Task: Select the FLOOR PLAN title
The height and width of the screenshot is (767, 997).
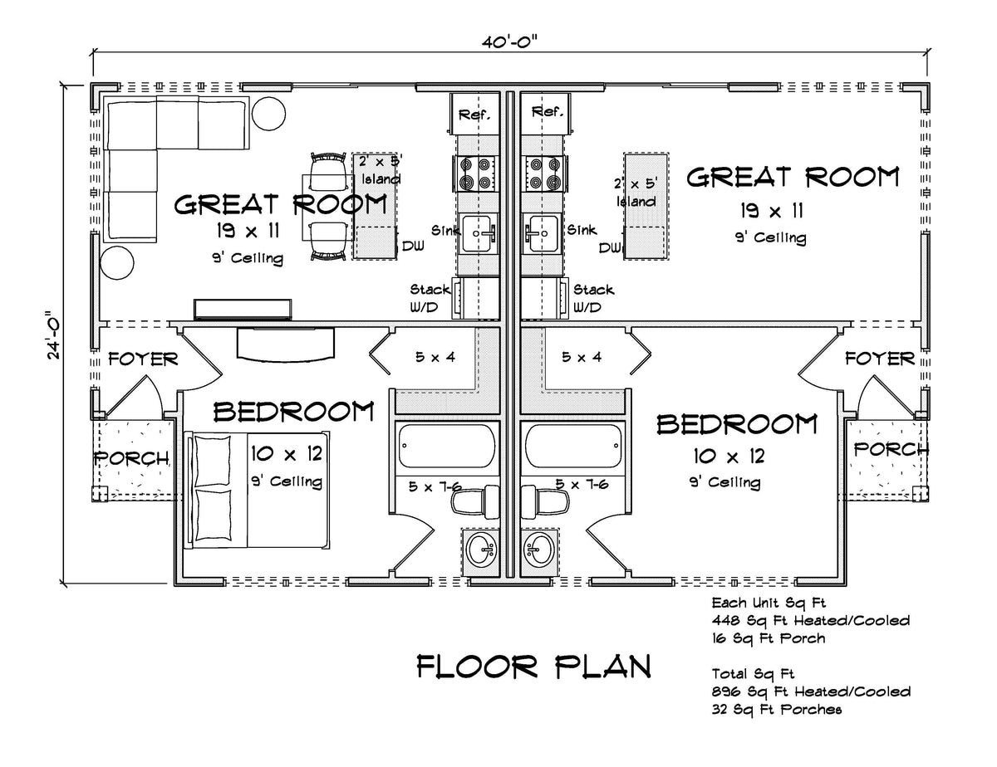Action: pyautogui.click(x=533, y=666)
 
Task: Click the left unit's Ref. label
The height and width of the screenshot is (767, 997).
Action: pyautogui.click(x=474, y=114)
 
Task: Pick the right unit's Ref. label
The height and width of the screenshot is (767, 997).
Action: pyautogui.click(x=548, y=112)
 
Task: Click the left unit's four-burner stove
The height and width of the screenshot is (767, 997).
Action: pyautogui.click(x=475, y=173)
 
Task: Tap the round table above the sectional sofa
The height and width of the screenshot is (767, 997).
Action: pyautogui.click(x=268, y=112)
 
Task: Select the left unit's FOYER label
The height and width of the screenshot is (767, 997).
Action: pyautogui.click(x=144, y=359)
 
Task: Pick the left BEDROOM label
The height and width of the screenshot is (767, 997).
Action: pyautogui.click(x=293, y=412)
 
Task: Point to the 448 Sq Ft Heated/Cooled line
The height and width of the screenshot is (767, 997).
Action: pyautogui.click(x=810, y=620)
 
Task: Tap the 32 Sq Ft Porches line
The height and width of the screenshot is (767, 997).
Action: pyautogui.click(x=777, y=709)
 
